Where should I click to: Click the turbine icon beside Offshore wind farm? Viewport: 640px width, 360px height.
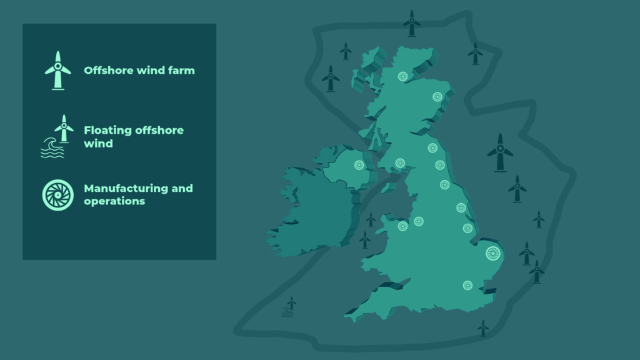pyautogui.click(x=58, y=70)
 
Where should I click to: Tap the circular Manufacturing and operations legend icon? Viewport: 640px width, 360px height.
pyautogui.click(x=58, y=195)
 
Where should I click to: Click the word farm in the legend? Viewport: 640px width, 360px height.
pyautogui.click(x=181, y=71)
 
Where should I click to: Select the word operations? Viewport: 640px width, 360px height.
pyautogui.click(x=114, y=201)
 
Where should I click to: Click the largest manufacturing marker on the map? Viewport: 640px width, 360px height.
pyautogui.click(x=494, y=253)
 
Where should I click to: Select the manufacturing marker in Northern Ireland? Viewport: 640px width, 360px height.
pyautogui.click(x=359, y=165)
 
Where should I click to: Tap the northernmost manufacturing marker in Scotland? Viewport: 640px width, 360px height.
pyautogui.click(x=403, y=77)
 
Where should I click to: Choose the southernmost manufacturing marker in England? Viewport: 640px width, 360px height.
pyautogui.click(x=467, y=285)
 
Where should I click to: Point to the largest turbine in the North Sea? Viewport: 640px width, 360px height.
pyautogui.click(x=500, y=152)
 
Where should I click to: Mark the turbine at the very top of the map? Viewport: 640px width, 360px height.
pyautogui.click(x=411, y=23)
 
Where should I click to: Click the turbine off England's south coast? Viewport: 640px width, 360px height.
pyautogui.click(x=482, y=327)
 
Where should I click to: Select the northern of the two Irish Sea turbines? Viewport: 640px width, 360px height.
pyautogui.click(x=371, y=219)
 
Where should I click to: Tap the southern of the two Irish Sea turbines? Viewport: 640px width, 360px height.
pyautogui.click(x=365, y=239)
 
